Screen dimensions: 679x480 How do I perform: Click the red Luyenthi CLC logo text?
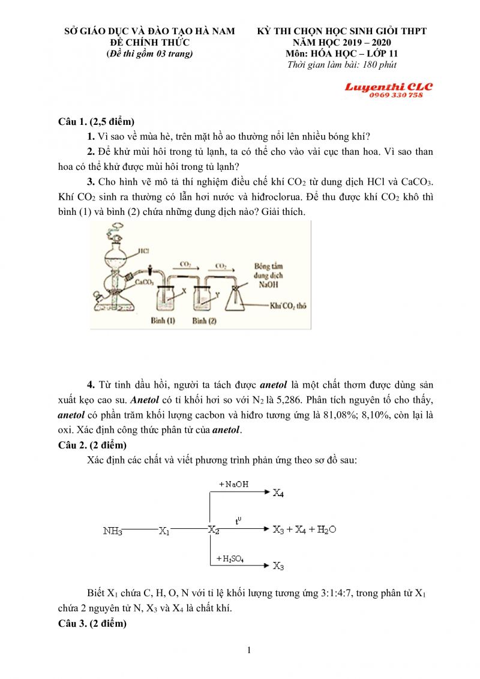388,87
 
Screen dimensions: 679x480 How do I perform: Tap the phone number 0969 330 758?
397,95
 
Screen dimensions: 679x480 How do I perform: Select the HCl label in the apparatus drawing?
143,250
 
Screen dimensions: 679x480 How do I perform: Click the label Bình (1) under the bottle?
162,321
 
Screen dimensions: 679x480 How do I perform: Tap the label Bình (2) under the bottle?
204,321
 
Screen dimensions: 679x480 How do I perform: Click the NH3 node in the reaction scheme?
113,531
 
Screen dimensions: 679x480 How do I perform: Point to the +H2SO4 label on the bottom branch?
234,560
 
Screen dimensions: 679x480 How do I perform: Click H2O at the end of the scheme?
326,530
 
